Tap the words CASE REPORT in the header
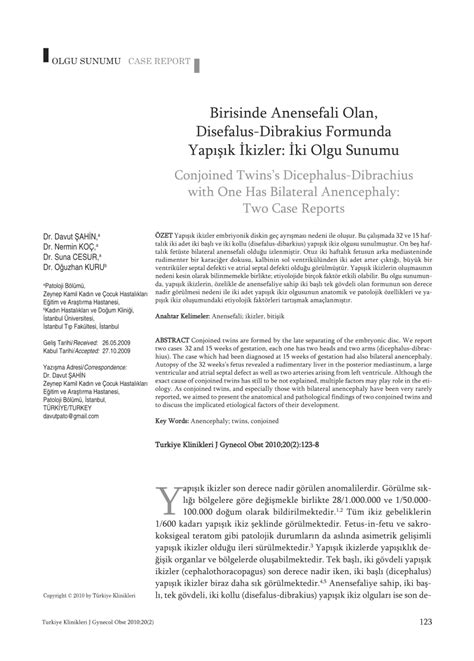tap(158, 60)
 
